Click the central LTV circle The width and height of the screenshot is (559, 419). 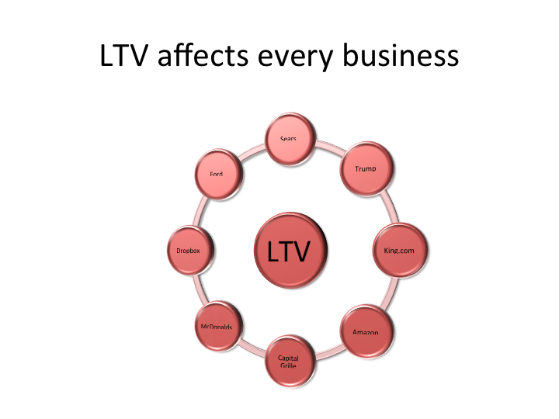pyautogui.click(x=289, y=251)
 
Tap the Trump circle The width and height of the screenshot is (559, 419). pyautogui.click(x=366, y=168)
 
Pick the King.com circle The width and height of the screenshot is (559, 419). pyautogui.click(x=401, y=251)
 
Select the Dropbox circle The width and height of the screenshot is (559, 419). pyautogui.click(x=189, y=251)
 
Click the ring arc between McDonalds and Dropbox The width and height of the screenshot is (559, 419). pyautogui.click(x=193, y=290)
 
